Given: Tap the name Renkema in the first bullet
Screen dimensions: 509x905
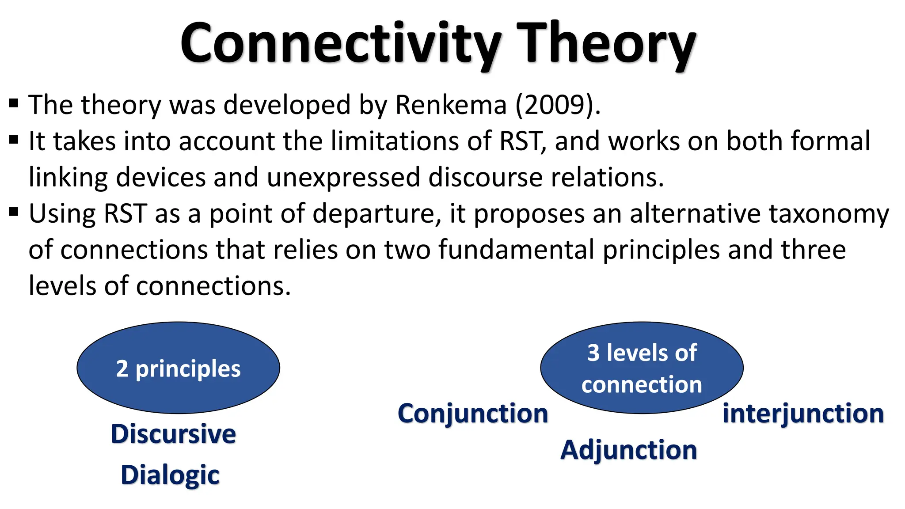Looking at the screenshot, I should pyautogui.click(x=451, y=105).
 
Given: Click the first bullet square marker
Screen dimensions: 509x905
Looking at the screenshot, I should pyautogui.click(x=14, y=104).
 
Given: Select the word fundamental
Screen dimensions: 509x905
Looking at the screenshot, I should pyautogui.click(x=517, y=250).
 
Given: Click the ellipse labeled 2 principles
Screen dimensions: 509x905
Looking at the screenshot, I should pyautogui.click(x=178, y=368).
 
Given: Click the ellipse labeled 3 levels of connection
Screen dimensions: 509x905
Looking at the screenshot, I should pyautogui.click(x=642, y=368).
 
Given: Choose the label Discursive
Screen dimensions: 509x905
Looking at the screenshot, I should pyautogui.click(x=173, y=434).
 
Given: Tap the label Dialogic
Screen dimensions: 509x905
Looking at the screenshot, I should pyautogui.click(x=170, y=475).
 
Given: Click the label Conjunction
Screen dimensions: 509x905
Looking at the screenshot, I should pyautogui.click(x=473, y=414).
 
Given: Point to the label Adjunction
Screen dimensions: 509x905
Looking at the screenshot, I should pyautogui.click(x=628, y=450).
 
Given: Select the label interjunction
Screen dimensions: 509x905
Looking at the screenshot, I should pyautogui.click(x=803, y=414).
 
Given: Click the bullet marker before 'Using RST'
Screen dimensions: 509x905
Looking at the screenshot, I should pyautogui.click(x=14, y=213).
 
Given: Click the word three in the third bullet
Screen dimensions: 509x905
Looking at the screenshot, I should pyautogui.click(x=813, y=250).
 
